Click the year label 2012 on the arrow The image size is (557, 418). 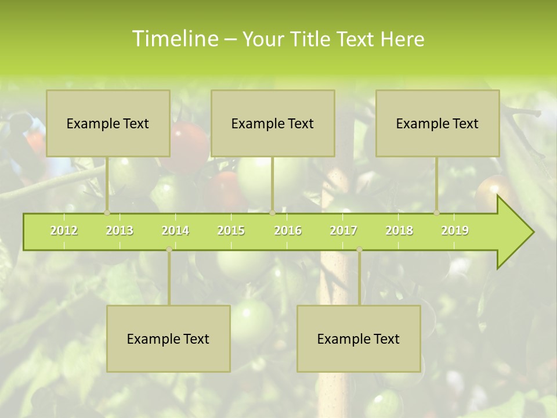pos(64,230)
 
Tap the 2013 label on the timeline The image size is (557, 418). pos(120,230)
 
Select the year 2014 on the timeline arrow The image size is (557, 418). pos(175,230)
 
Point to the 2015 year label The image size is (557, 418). pos(231,230)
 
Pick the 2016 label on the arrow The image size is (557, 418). pos(288,230)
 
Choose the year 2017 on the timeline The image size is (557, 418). pos(343,230)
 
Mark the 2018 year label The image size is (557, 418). pos(399,230)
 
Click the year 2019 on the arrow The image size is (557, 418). pos(455,230)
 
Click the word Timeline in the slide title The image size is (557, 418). pos(174,39)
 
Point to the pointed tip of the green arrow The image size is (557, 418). pos(532,232)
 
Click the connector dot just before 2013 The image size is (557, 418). pos(107,212)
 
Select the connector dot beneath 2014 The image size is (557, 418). pos(169,249)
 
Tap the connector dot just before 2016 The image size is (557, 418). pos(272,212)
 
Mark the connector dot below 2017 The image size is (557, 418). pos(359,249)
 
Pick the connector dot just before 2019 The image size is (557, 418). pos(437,212)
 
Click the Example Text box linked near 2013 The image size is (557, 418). pos(108,123)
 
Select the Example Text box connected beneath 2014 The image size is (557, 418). pos(168,338)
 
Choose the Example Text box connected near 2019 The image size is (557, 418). pos(437,123)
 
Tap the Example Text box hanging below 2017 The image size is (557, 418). pos(359,338)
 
